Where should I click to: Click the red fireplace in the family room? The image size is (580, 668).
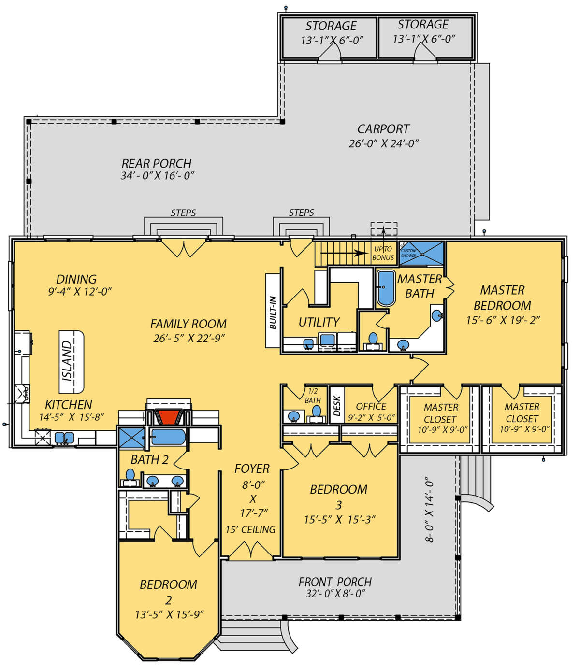[168, 417]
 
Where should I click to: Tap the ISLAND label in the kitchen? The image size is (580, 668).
[67, 361]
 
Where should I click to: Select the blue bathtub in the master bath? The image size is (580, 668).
[386, 288]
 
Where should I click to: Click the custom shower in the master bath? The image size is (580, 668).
[421, 253]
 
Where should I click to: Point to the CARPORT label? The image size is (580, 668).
[383, 129]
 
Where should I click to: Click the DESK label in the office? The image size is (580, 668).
[337, 406]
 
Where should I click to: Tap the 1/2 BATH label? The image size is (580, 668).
[313, 396]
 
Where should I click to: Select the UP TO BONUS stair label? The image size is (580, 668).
[383, 254]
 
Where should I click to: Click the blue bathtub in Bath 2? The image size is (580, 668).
[168, 437]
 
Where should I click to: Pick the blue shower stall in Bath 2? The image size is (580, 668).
[131, 438]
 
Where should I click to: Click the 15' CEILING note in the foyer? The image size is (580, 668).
[250, 529]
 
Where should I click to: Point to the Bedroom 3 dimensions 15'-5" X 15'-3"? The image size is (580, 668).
[340, 519]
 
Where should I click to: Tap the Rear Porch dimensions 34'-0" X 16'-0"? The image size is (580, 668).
[158, 176]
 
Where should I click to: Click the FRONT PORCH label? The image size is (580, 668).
[335, 582]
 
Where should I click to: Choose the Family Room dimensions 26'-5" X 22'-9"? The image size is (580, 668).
[189, 338]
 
